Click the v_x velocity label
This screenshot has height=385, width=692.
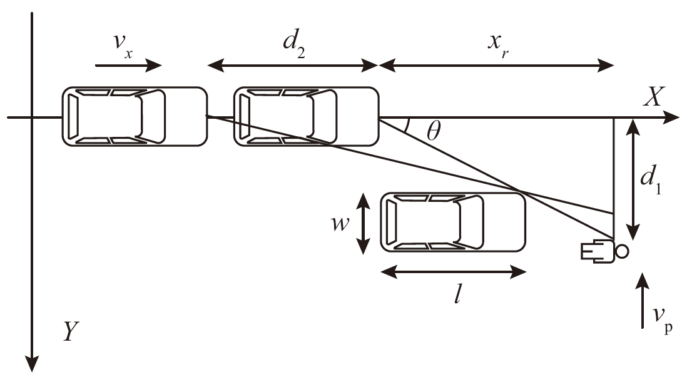pos(123,46)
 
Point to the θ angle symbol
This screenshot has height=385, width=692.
pos(434,131)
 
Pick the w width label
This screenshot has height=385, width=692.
pos(340,223)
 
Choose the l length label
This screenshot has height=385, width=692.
pos(457,294)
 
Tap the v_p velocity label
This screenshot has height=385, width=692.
pos(663,318)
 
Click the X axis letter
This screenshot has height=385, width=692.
pos(653,97)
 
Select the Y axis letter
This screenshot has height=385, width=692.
pos(71,331)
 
